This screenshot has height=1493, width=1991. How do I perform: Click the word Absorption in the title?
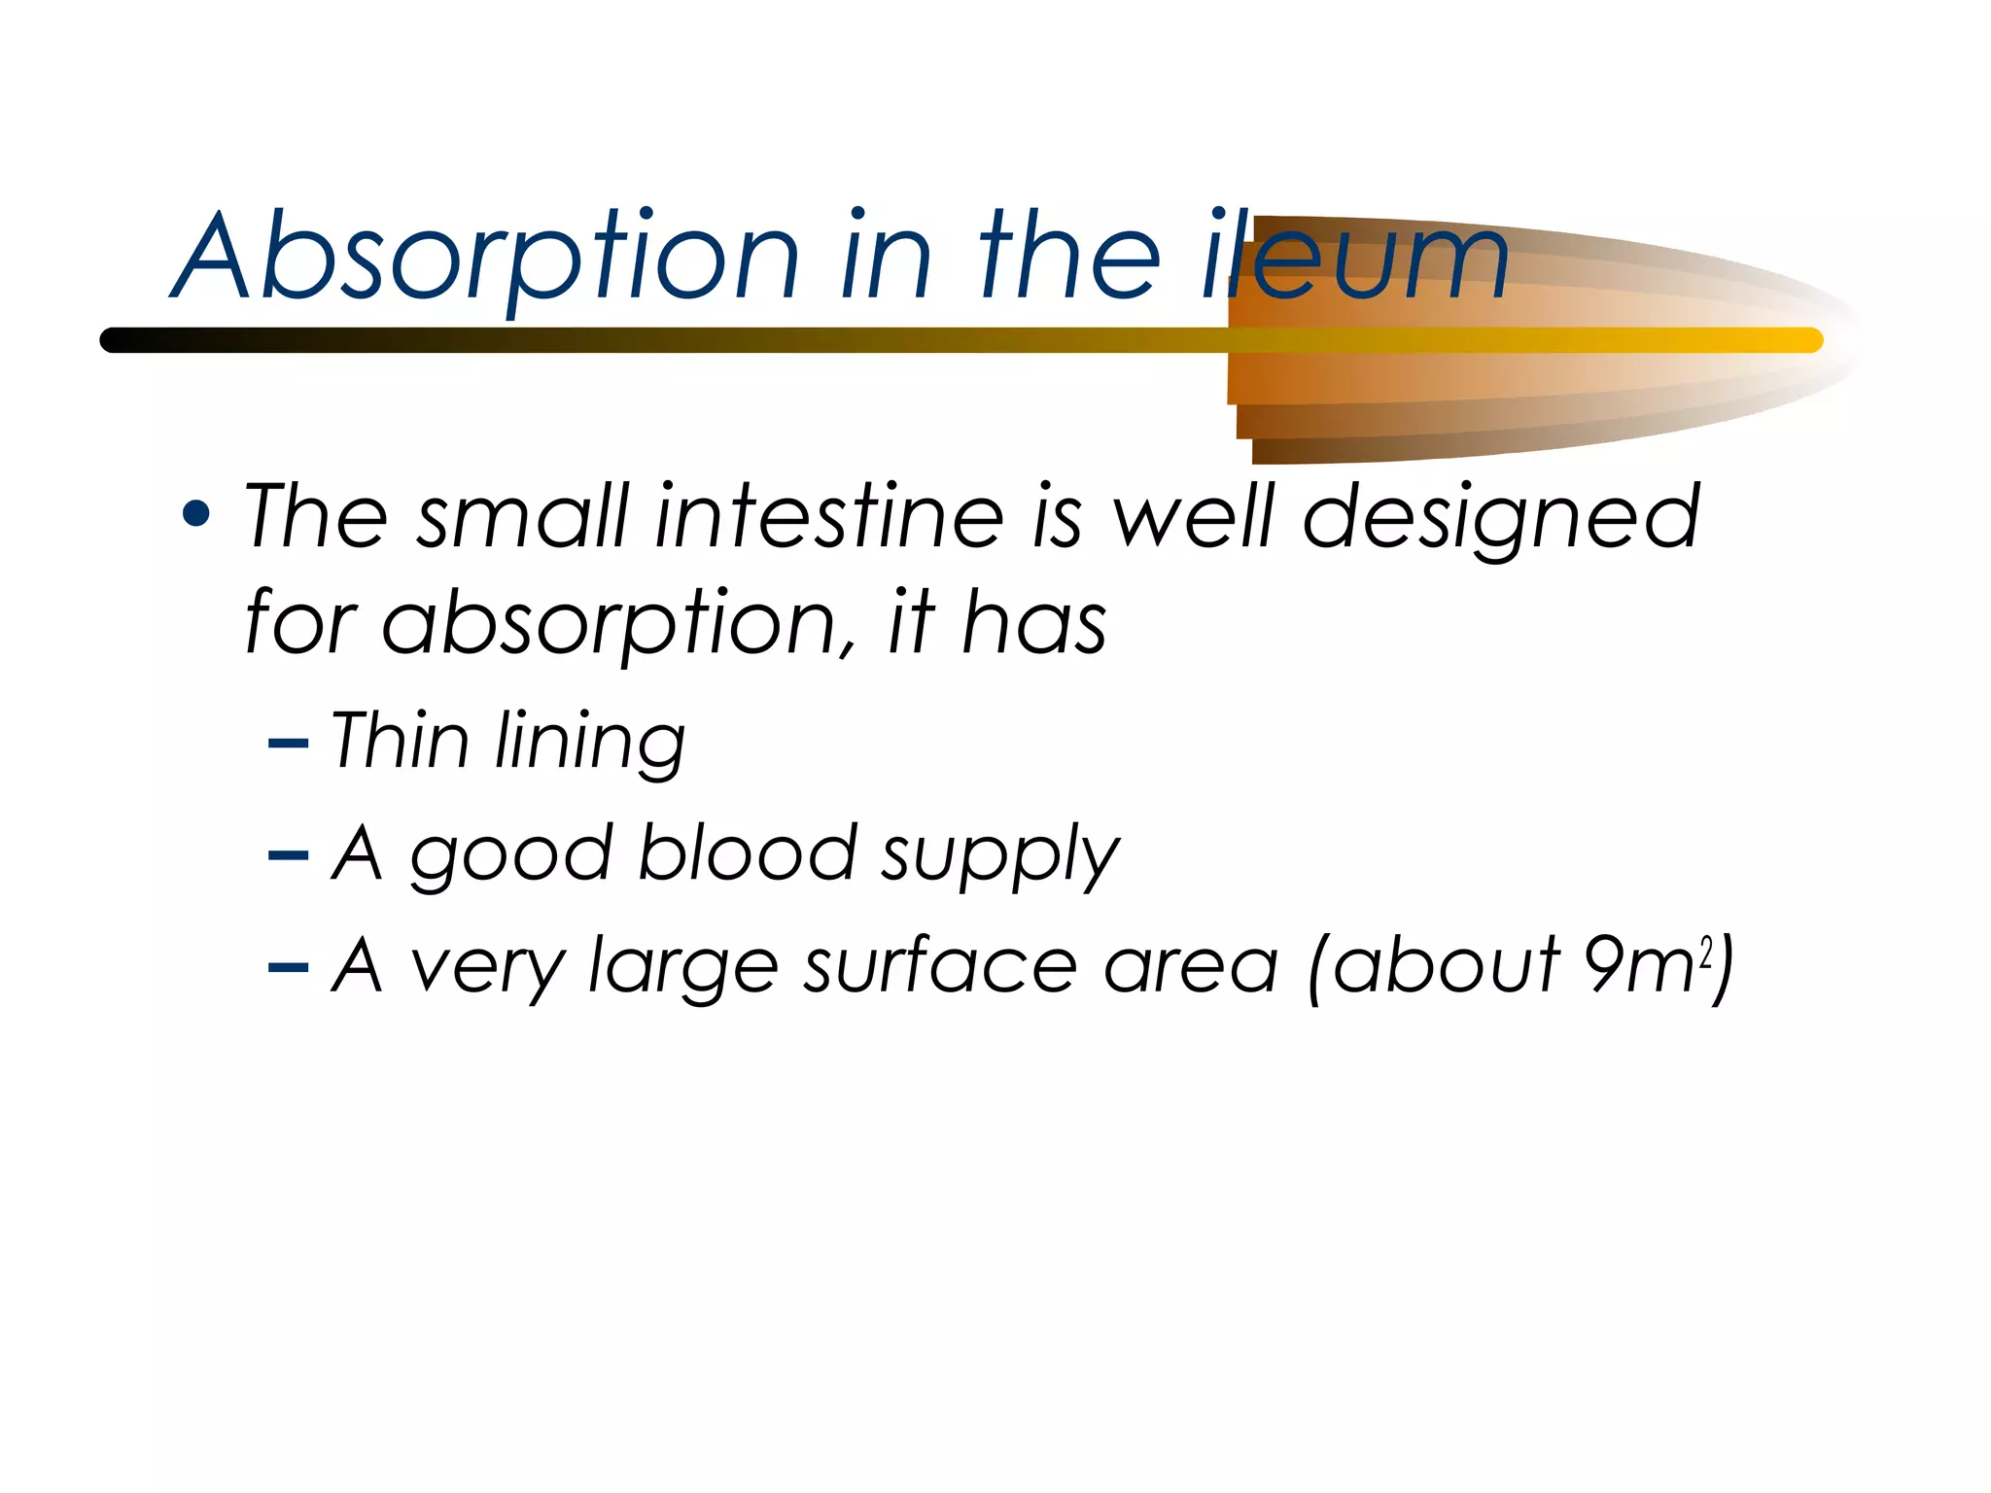coord(486,258)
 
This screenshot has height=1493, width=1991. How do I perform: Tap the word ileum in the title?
coord(1356,258)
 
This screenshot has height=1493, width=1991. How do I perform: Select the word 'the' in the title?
coord(1069,258)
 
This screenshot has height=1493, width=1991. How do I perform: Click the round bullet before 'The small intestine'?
coord(196,515)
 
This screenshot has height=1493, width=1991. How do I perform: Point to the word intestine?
coord(829,517)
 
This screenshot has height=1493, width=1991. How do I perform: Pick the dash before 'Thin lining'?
coord(289,745)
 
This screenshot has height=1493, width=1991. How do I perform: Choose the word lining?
coord(589,744)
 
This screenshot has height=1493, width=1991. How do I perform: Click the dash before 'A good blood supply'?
coord(289,856)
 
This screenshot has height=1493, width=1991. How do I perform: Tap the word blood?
coord(748,853)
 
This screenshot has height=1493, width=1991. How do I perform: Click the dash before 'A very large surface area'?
coord(289,968)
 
